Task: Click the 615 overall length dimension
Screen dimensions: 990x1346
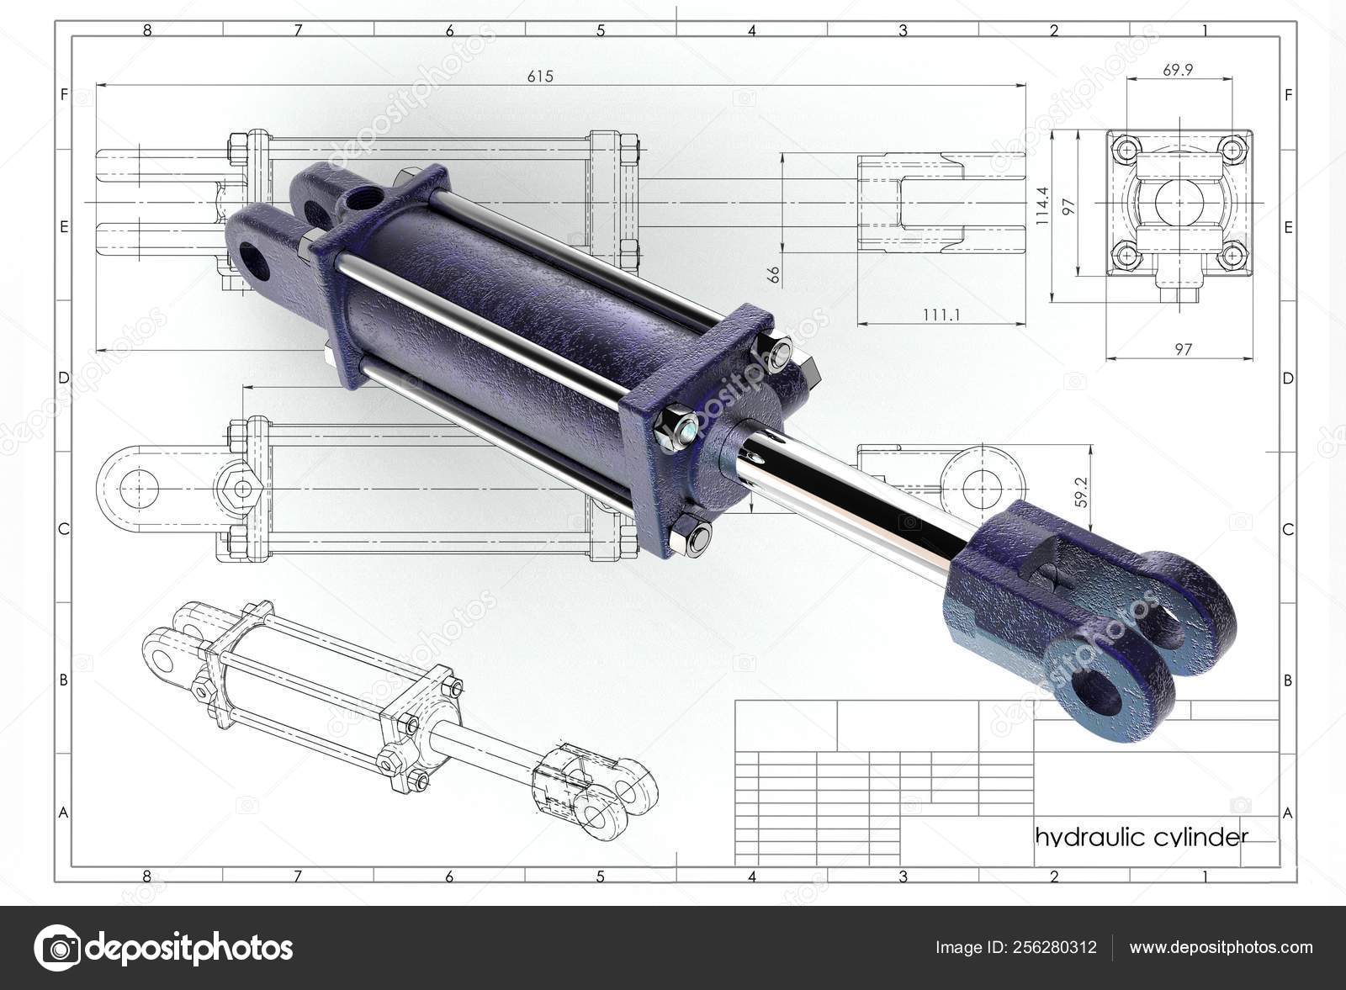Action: click(540, 77)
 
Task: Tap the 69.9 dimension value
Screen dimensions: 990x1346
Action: click(1178, 71)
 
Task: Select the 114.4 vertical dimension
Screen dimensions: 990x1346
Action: click(1042, 207)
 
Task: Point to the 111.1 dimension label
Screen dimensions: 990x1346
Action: click(941, 315)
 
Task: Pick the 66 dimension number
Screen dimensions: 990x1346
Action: click(774, 273)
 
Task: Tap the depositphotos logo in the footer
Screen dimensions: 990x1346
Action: click(164, 948)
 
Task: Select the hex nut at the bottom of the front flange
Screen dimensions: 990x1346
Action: click(690, 535)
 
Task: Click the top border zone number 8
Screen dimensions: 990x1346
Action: click(146, 31)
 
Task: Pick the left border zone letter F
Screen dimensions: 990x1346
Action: click(63, 95)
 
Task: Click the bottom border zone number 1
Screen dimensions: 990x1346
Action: click(1205, 876)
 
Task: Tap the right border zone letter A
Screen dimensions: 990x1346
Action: click(1287, 813)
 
